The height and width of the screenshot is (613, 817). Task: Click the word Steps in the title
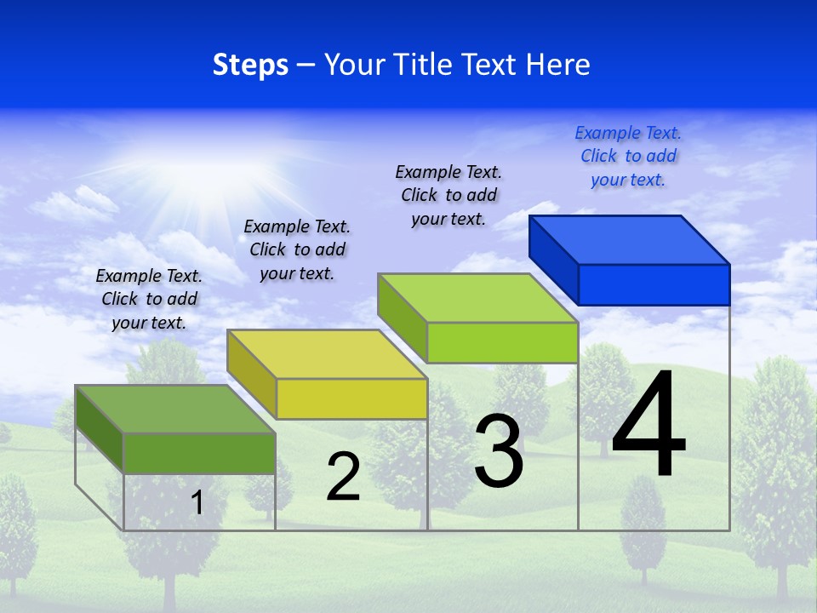click(x=250, y=65)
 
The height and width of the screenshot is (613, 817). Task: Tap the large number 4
click(x=648, y=426)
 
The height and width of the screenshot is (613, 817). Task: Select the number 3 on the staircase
click(x=499, y=451)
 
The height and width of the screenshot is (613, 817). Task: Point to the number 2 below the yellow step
click(x=343, y=477)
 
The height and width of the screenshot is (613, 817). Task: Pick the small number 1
click(x=197, y=503)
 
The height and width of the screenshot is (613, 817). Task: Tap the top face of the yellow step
click(x=328, y=354)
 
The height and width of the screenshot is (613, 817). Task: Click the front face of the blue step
click(x=654, y=284)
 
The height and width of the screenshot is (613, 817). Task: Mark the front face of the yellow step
click(x=351, y=398)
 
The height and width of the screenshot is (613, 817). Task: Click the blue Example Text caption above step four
click(x=628, y=156)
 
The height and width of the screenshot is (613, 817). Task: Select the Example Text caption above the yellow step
click(x=297, y=249)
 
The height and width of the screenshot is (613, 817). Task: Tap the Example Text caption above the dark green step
click(x=149, y=299)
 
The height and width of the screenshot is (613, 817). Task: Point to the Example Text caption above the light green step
click(x=448, y=195)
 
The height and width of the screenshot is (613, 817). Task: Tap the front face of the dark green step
click(x=199, y=453)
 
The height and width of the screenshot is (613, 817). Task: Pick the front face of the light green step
click(x=502, y=342)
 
